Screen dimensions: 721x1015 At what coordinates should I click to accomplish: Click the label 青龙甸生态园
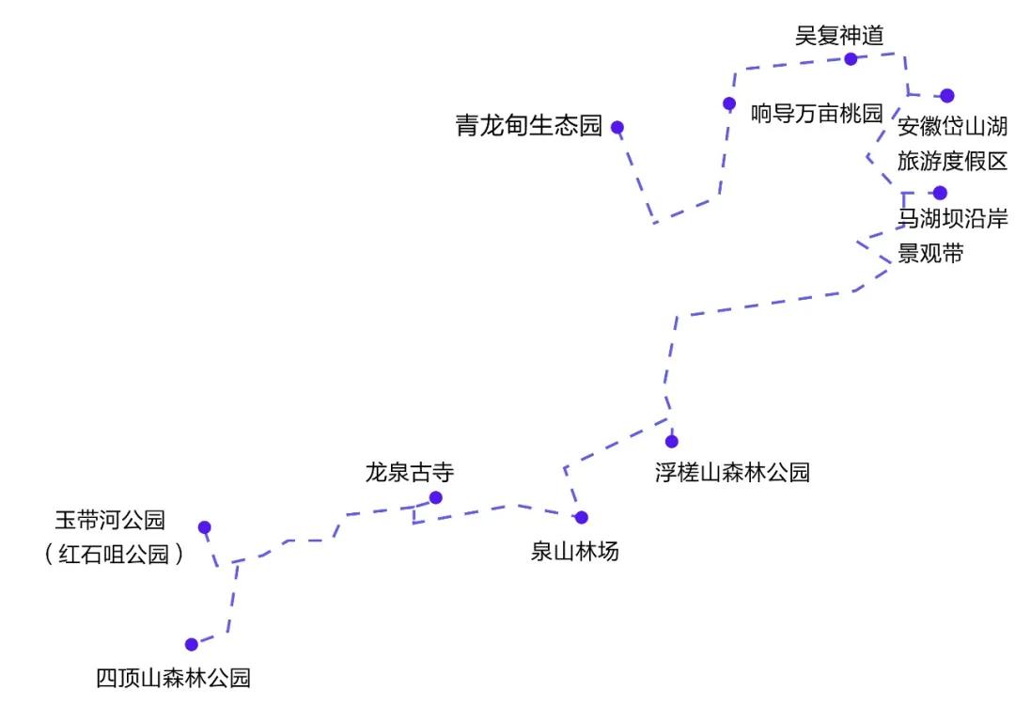(528, 127)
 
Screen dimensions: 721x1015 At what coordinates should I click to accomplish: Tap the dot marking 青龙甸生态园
(617, 127)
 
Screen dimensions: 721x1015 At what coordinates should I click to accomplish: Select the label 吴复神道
(839, 36)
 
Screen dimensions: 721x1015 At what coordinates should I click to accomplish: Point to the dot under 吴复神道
(851, 58)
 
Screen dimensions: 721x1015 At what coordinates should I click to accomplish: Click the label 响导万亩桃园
(817, 114)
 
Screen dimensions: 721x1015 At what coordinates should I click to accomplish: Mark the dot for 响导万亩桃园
(729, 103)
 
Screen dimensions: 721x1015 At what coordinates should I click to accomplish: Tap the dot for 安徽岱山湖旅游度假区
(947, 95)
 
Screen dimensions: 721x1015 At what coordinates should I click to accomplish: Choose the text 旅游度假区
(952, 161)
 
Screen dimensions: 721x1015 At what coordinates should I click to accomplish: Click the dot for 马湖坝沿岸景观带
(940, 193)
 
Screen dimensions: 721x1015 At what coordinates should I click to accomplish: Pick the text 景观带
(930, 253)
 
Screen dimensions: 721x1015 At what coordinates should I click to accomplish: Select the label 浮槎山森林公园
(732, 472)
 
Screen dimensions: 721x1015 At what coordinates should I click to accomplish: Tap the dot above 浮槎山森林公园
(671, 441)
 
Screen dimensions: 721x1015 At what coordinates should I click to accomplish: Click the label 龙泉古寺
(409, 472)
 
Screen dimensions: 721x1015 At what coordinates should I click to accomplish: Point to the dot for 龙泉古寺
(435, 497)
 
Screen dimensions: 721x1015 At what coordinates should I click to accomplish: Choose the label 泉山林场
(574, 552)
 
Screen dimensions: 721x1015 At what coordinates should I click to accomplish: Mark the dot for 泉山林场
(581, 517)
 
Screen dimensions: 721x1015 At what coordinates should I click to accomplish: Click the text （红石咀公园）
(113, 555)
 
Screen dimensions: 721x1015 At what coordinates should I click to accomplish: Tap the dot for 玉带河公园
(204, 527)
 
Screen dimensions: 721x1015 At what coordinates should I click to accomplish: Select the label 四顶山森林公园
(174, 678)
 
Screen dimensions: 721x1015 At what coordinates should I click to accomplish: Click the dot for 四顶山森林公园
(192, 645)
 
